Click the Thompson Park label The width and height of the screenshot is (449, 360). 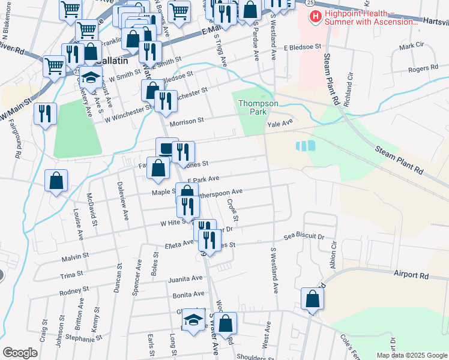(258, 107)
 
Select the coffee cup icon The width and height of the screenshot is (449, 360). (166, 148)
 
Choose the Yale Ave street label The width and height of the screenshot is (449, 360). (279, 122)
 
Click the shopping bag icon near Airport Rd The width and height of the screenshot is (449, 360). (312, 298)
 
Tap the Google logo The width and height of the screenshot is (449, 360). (20, 353)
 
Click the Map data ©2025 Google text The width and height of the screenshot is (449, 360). (412, 355)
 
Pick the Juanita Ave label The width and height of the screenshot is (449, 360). (185, 279)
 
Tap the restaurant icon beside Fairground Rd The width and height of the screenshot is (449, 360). (45, 113)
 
